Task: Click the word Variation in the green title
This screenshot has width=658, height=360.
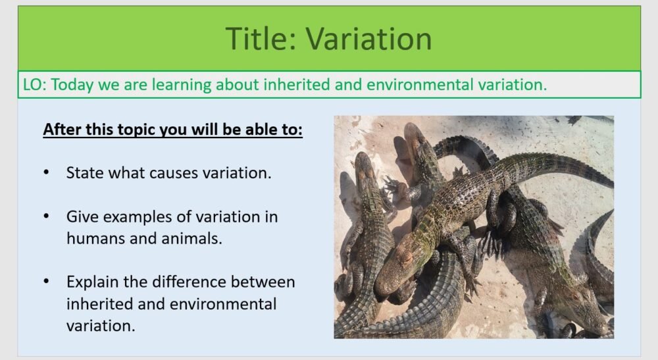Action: tap(369, 39)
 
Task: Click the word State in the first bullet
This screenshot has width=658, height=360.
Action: tap(85, 173)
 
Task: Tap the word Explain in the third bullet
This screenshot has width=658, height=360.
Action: tap(93, 282)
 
